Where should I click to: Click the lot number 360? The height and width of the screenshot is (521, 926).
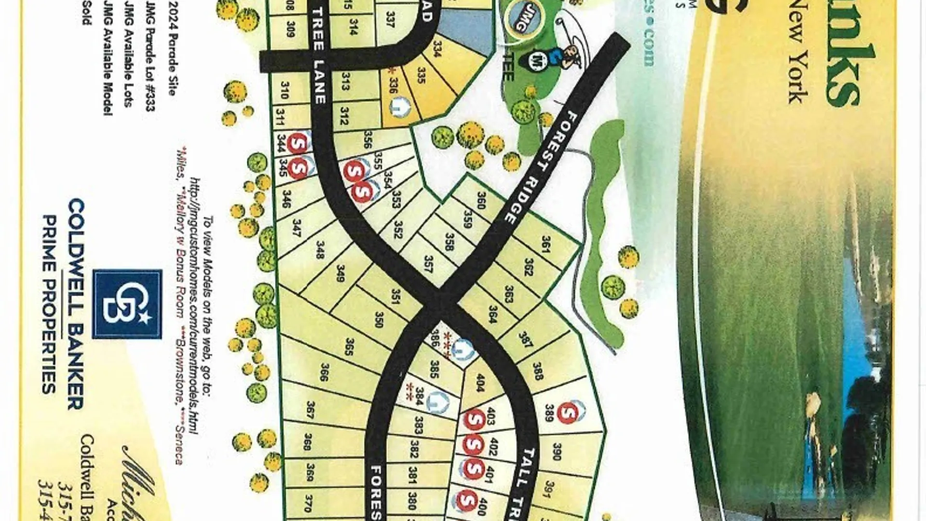point(480,200)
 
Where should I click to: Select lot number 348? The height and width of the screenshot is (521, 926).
point(319,249)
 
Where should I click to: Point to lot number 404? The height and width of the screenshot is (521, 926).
point(480,382)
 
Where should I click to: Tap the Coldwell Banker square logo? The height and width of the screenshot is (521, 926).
point(127,304)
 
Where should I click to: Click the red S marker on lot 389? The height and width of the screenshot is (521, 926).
point(568,412)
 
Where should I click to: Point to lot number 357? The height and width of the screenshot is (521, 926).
point(428,264)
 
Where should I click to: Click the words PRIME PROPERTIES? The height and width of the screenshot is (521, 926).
point(50,304)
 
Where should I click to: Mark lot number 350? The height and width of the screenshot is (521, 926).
point(379,319)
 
